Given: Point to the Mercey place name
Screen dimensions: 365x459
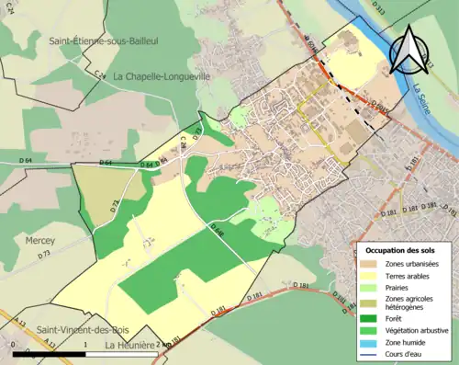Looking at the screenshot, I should (x=39, y=241).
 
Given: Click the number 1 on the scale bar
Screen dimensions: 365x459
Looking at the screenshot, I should (x=85, y=345).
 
